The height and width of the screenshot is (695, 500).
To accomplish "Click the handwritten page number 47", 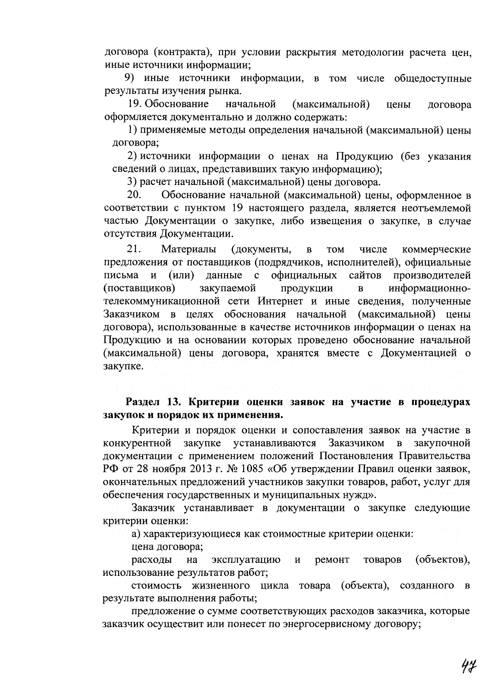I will point(469,665).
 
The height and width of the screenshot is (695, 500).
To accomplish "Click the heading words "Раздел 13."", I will point(152,402).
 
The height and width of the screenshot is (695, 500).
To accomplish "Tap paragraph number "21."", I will point(134,249).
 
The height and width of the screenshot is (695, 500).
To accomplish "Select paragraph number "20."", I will point(135,195).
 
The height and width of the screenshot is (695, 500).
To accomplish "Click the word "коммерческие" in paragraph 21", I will point(436,249).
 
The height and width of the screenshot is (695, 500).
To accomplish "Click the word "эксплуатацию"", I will point(246,560).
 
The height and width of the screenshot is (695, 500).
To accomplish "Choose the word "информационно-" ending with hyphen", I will point(429,288).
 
